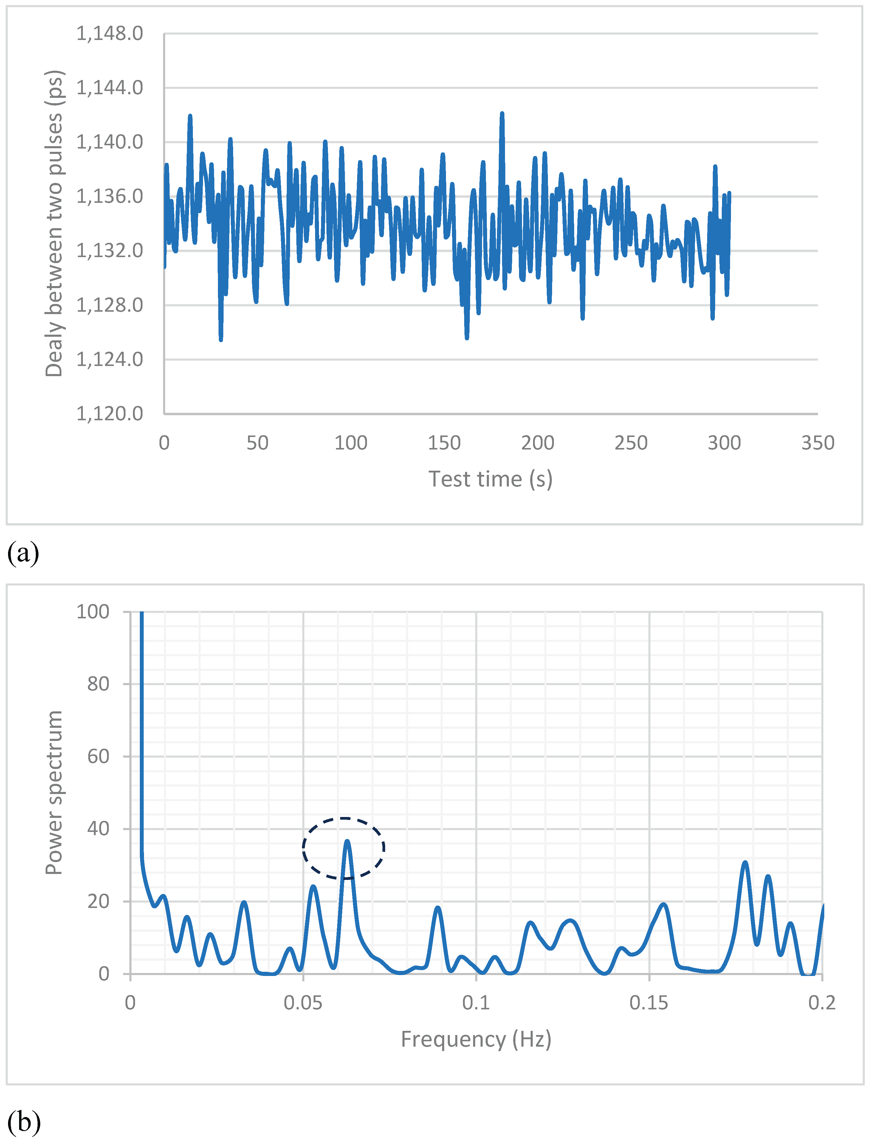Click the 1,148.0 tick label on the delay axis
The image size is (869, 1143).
(110, 34)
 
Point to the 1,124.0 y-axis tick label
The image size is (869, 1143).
(110, 359)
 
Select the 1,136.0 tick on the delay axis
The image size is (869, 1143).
(110, 196)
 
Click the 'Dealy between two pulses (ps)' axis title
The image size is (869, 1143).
(54, 223)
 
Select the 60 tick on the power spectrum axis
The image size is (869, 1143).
(98, 756)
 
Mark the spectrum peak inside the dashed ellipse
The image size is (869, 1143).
(347, 842)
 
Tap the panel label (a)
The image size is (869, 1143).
(23, 553)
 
